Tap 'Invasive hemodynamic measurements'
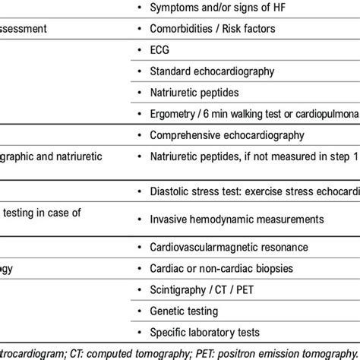tap(226, 219)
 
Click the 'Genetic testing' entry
tap(185, 311)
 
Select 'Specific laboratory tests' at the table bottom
tap(206, 333)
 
